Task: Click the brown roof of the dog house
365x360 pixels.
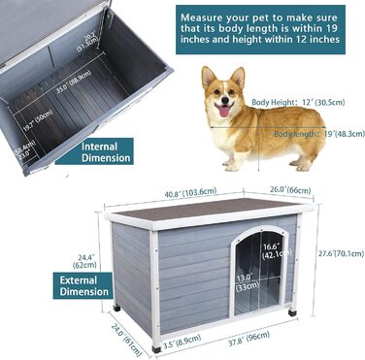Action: point(209,207)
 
